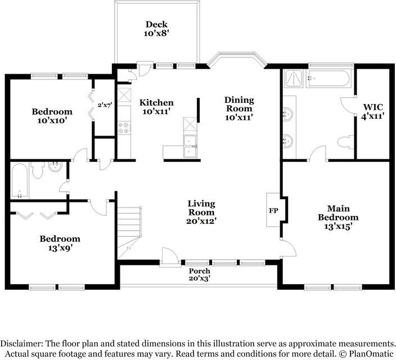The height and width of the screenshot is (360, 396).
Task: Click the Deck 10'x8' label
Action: [156, 29]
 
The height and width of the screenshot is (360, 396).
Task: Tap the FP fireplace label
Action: [273, 210]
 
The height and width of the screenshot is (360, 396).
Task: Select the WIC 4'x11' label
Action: [373, 111]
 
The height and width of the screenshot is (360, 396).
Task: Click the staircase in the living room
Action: [129, 233]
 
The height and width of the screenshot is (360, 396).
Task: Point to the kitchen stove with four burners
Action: [124, 128]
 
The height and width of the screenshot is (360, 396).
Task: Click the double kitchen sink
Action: [190, 146]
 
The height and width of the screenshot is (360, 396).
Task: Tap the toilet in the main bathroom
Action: [346, 142]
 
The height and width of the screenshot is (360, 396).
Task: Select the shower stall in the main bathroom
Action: [294, 79]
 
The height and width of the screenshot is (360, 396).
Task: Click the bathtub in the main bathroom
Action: [328, 79]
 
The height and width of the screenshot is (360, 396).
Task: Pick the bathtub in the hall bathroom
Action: [20, 181]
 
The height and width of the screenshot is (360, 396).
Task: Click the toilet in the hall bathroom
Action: [38, 170]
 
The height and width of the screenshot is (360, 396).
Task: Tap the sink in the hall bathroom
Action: [55, 166]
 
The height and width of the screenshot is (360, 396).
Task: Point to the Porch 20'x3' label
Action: [200, 274]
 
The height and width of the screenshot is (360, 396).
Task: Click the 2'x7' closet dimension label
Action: [105, 105]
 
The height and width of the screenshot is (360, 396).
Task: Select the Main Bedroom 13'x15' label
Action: [338, 218]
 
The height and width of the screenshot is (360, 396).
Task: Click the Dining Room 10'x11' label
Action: [239, 109]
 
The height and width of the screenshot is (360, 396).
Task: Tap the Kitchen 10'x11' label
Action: [156, 107]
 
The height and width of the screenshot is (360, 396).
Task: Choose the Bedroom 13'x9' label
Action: [60, 244]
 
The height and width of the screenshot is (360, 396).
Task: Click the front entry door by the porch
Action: [169, 257]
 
